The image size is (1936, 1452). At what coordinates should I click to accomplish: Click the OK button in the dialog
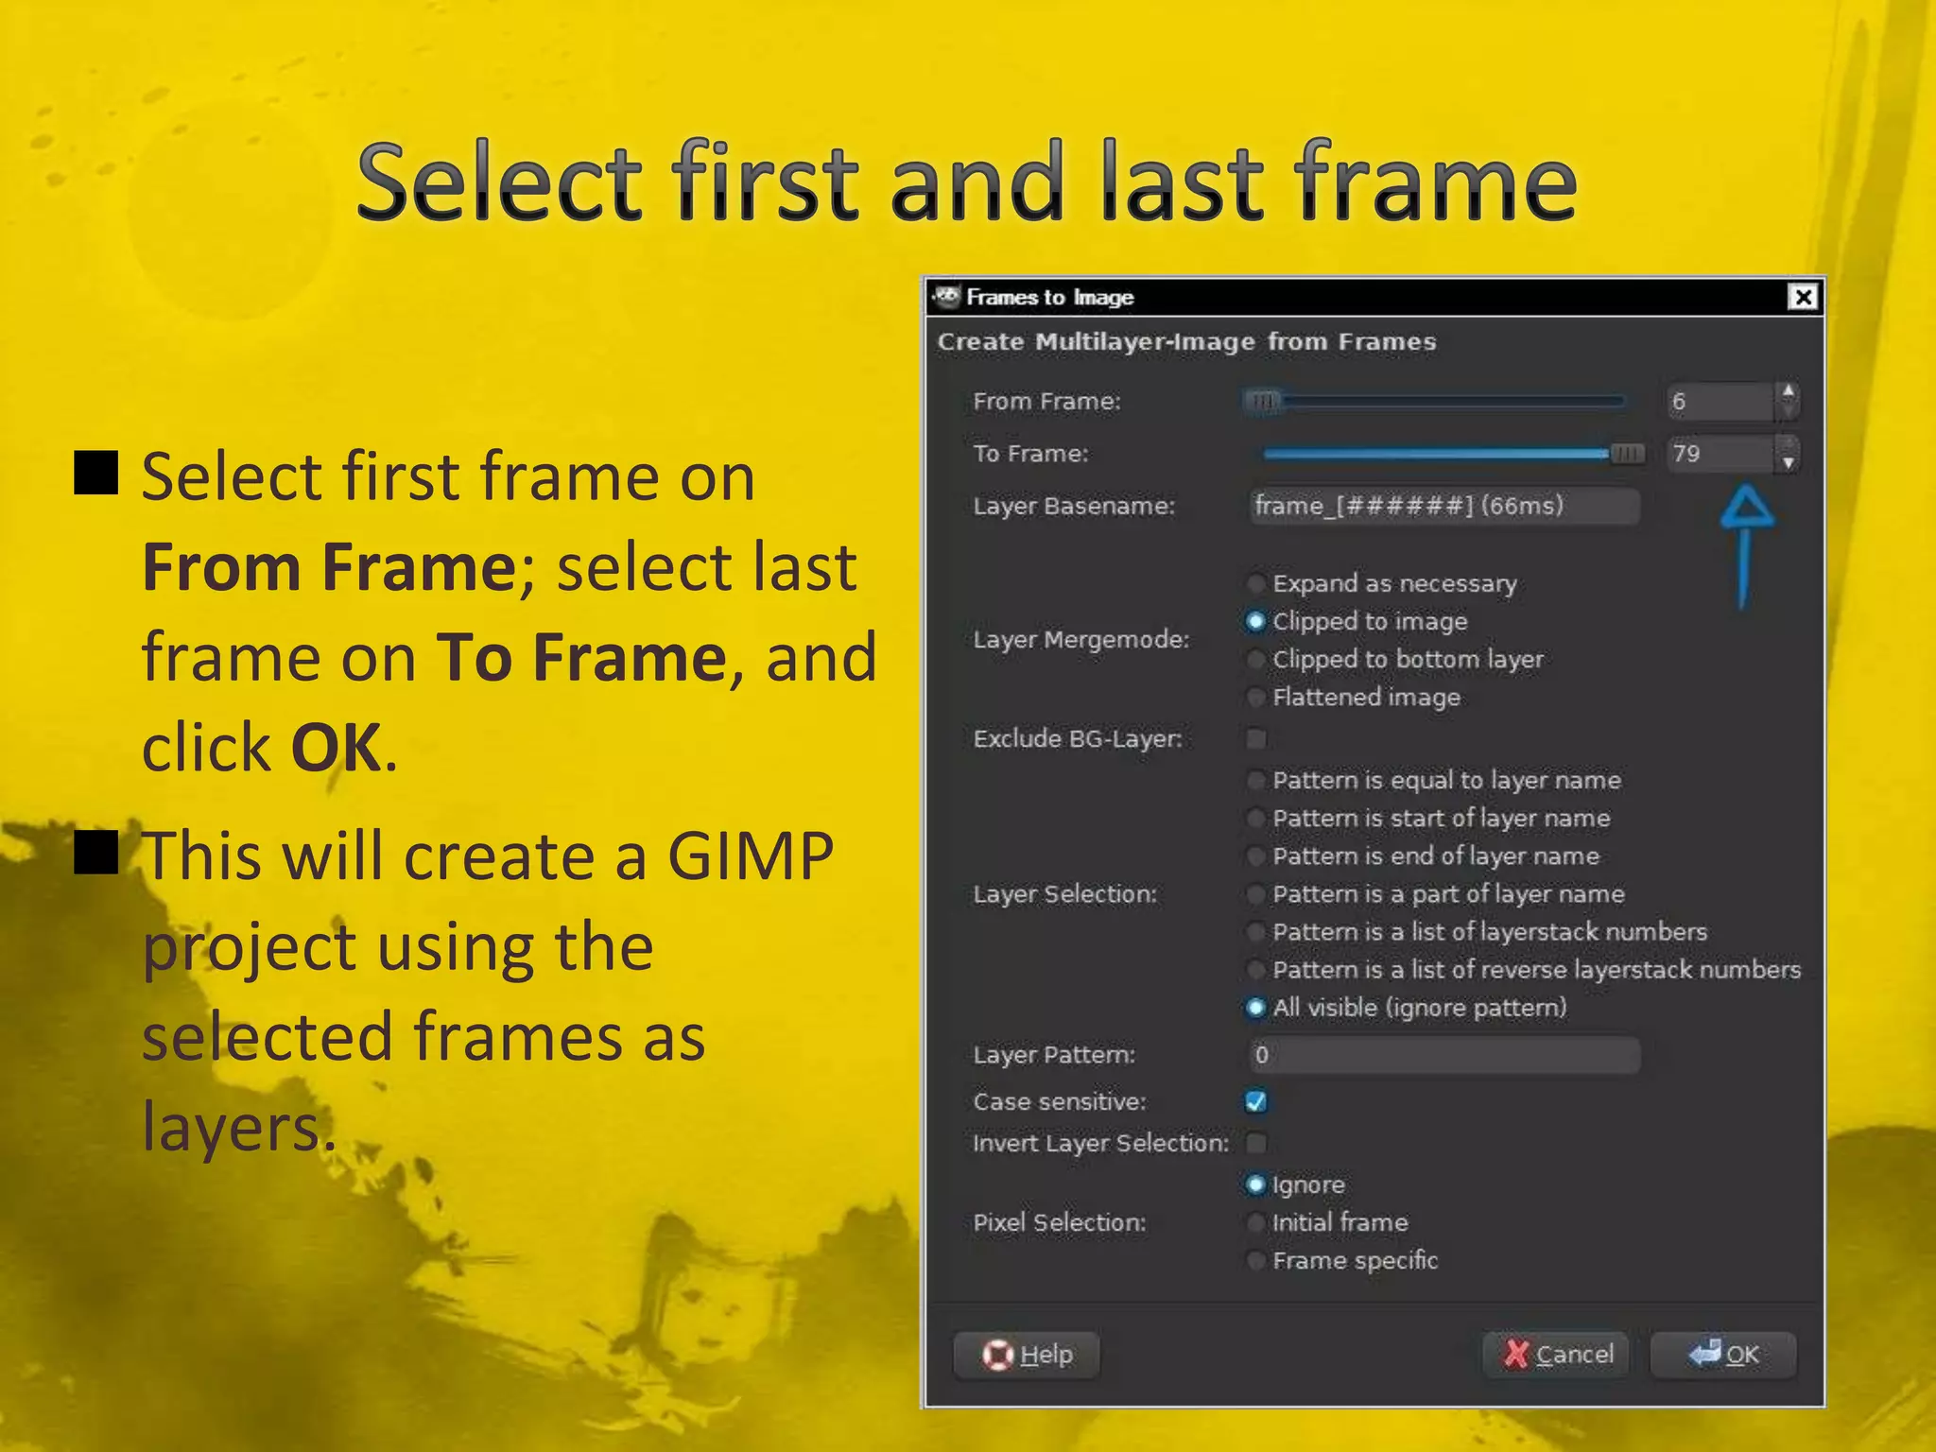point(1723,1355)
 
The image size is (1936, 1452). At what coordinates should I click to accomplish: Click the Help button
point(1028,1355)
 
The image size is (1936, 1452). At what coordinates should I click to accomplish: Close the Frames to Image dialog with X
point(1803,298)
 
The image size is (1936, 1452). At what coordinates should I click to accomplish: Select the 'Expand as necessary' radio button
point(1256,583)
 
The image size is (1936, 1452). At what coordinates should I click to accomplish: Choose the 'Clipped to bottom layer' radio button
point(1256,659)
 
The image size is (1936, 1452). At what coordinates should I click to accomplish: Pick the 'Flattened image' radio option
point(1256,698)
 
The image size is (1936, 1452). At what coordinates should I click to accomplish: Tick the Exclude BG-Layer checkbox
point(1256,738)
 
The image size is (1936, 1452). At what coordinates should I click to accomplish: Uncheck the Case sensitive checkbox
point(1256,1101)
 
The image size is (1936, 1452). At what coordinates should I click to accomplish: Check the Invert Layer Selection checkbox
point(1256,1143)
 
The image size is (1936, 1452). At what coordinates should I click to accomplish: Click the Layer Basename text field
point(1443,506)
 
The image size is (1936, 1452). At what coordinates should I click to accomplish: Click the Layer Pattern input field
point(1443,1055)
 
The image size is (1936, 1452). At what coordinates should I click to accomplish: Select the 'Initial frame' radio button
point(1256,1223)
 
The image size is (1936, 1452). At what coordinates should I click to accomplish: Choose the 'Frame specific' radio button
point(1256,1261)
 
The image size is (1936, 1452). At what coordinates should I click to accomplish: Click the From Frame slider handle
point(1263,402)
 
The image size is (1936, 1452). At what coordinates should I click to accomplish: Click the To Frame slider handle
point(1627,454)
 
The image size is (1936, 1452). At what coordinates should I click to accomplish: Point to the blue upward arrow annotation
point(1745,544)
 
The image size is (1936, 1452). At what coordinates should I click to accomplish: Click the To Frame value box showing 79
point(1720,454)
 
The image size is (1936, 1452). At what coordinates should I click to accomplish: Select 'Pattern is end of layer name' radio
point(1256,856)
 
